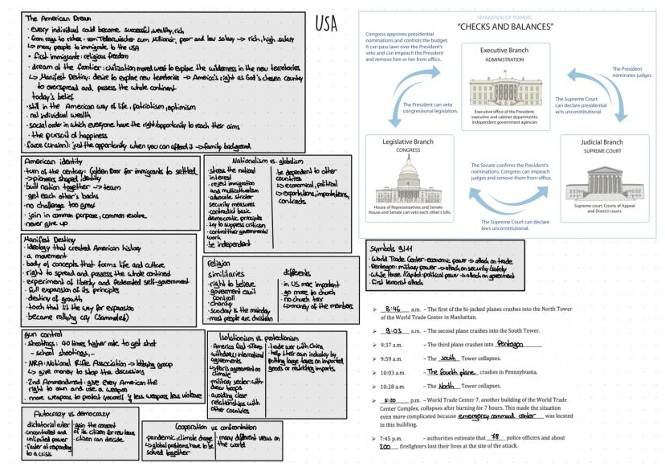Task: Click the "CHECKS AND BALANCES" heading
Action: [x=505, y=27]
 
